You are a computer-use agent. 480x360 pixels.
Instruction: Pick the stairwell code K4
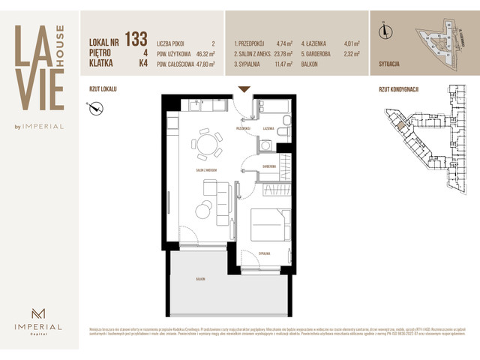142,65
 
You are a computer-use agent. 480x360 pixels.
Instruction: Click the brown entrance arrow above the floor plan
243,90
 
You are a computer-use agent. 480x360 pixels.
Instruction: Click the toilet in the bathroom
281,132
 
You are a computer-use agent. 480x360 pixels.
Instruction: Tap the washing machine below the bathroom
266,145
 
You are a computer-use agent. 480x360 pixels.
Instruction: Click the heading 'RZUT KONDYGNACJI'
398,89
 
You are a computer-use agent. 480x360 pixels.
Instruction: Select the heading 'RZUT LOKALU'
103,89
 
